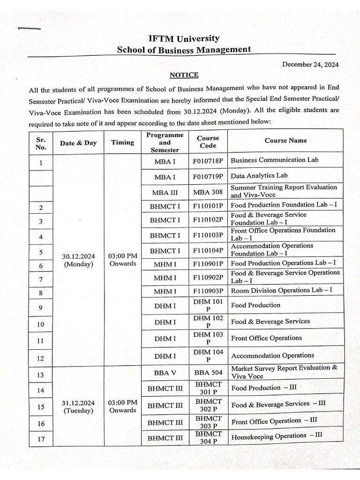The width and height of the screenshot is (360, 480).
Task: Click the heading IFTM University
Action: (x=184, y=38)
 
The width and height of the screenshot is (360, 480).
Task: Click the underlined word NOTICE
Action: (x=184, y=75)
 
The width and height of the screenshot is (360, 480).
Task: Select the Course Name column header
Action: (x=285, y=141)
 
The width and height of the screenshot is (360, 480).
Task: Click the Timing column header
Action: (x=122, y=142)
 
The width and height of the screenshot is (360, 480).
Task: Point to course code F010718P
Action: (x=208, y=160)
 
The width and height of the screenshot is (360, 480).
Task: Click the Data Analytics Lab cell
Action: (x=259, y=176)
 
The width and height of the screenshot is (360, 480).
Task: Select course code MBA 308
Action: (x=208, y=192)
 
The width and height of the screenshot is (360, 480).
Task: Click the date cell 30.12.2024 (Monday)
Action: (x=79, y=260)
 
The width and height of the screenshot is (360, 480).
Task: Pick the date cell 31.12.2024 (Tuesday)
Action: (x=79, y=406)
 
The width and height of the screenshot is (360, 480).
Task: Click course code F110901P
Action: (x=208, y=263)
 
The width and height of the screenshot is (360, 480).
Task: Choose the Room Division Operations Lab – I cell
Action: (x=281, y=290)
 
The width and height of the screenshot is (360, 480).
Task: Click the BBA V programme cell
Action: (x=165, y=373)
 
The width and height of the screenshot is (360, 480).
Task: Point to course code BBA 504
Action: (x=208, y=373)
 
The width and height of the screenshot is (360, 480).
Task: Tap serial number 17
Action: (x=41, y=440)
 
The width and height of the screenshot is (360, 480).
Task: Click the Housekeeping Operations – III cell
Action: (x=277, y=436)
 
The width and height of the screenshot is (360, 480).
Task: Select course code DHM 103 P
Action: (x=208, y=338)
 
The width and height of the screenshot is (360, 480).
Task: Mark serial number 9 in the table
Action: (x=41, y=308)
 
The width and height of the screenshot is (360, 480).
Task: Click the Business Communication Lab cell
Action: (x=274, y=160)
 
